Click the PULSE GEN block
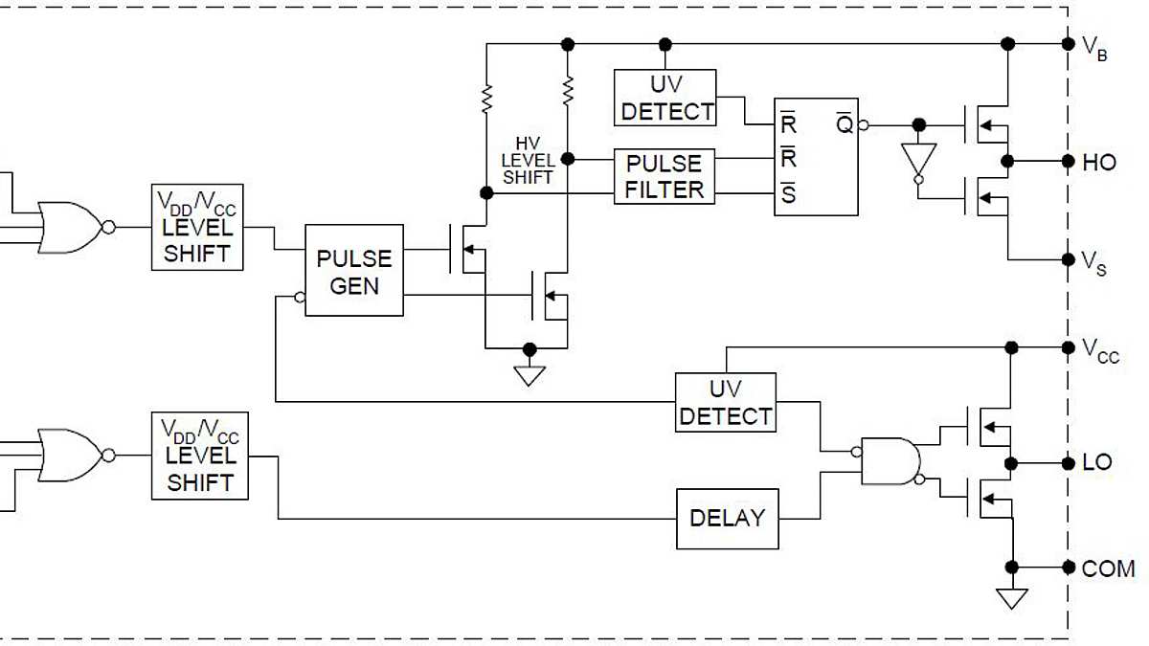click(x=354, y=271)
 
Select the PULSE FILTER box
click(x=665, y=176)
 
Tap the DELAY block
click(x=727, y=519)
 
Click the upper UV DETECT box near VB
click(x=665, y=98)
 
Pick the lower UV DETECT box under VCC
click(x=725, y=403)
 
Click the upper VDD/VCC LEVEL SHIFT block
click(x=197, y=227)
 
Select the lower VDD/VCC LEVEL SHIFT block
click(x=199, y=456)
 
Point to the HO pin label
click(x=1099, y=163)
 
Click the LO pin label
click(x=1097, y=462)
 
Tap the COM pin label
click(x=1108, y=568)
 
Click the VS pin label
click(x=1094, y=262)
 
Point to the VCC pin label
click(x=1099, y=349)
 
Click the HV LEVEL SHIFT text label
click(x=528, y=160)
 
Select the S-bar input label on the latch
click(x=788, y=195)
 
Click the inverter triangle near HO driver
click(x=918, y=159)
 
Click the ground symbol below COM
click(x=1011, y=598)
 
